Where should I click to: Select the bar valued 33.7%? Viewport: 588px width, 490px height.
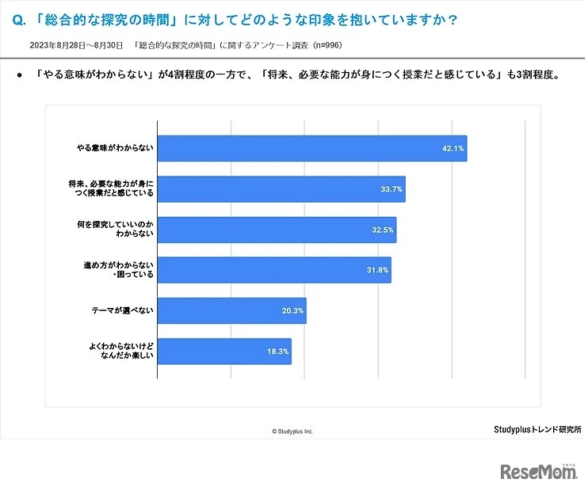281,189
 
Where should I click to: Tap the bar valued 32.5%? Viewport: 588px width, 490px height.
277,230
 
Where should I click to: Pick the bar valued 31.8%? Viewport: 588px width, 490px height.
274,270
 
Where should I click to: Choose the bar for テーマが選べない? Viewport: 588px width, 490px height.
231,310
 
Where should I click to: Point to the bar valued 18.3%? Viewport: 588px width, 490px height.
224,351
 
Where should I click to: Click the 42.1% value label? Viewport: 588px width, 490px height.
452,148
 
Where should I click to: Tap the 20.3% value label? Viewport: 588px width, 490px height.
292,310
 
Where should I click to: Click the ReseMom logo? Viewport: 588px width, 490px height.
538,472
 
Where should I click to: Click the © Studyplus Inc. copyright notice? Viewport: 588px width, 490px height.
292,431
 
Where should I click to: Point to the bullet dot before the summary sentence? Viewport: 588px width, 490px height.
19,78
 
